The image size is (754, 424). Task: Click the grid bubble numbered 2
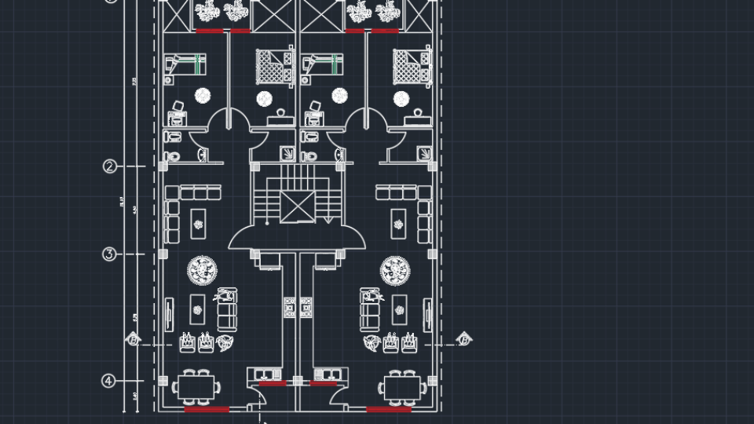(x=110, y=166)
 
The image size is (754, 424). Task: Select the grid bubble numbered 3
(x=110, y=254)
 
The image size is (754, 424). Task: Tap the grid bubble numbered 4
(x=110, y=381)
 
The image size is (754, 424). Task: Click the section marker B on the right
(x=464, y=340)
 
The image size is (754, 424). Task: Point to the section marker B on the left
(x=134, y=340)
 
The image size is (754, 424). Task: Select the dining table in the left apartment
(x=196, y=387)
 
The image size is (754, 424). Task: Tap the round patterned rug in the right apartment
(x=395, y=272)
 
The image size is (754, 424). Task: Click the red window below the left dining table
(x=207, y=409)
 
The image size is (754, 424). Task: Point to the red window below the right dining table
(x=389, y=409)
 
